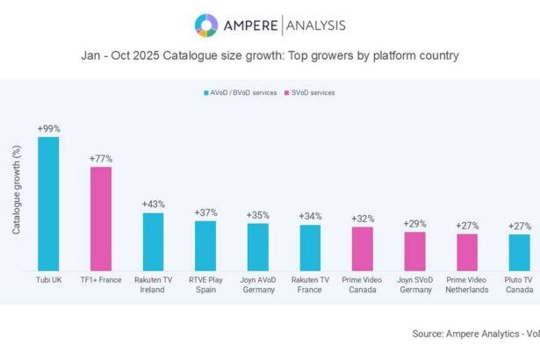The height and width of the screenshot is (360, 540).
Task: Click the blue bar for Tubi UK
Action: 48,204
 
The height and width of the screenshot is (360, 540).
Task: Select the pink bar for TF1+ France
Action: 101,219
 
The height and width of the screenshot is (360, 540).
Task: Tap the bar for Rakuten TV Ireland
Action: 153,241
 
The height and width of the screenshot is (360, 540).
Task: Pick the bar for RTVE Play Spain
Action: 205,245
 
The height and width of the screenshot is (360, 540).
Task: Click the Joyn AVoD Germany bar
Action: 257,247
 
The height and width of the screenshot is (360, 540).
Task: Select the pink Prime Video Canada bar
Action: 362,248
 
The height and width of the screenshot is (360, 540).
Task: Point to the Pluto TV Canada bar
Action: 519,252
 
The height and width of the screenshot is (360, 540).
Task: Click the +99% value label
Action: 48,128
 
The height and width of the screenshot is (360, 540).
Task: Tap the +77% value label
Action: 101,158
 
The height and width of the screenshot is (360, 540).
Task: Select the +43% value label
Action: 153,204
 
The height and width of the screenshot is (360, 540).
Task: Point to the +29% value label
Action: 414,224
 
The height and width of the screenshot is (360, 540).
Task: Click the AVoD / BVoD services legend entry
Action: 237,92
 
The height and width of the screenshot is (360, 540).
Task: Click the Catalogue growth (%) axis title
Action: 17,190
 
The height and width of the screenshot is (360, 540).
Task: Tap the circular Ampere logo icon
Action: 205,25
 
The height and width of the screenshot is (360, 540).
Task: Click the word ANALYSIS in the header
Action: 309,25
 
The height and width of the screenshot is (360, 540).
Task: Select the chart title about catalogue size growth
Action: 270,55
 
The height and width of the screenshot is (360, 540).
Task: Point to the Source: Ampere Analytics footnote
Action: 475,334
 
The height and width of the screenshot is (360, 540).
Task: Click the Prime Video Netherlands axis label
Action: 466,284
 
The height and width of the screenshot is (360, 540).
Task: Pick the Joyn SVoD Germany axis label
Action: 414,284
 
